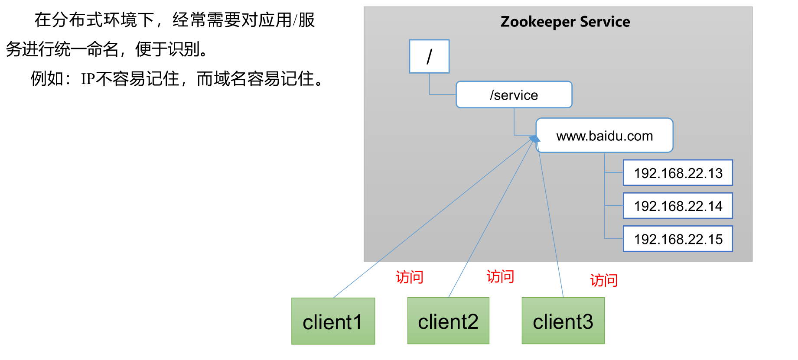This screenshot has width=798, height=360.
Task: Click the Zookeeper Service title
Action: pos(565,22)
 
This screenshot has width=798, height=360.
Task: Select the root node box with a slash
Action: pos(429,56)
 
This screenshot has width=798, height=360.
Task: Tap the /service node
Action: pos(514,94)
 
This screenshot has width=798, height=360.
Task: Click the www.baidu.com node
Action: pos(604,136)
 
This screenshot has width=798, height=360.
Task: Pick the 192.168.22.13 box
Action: pos(677,173)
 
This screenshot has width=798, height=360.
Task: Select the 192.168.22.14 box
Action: pos(677,206)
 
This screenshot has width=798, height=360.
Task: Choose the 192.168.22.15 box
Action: pos(677,239)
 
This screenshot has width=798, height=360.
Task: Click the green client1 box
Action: pos(333,321)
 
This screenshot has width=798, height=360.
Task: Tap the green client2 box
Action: pos(448,321)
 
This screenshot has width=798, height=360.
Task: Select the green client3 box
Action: pos(563,321)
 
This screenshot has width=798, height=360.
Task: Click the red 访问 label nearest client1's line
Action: pos(409,277)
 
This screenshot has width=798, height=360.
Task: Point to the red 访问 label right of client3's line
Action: pos(603,280)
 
